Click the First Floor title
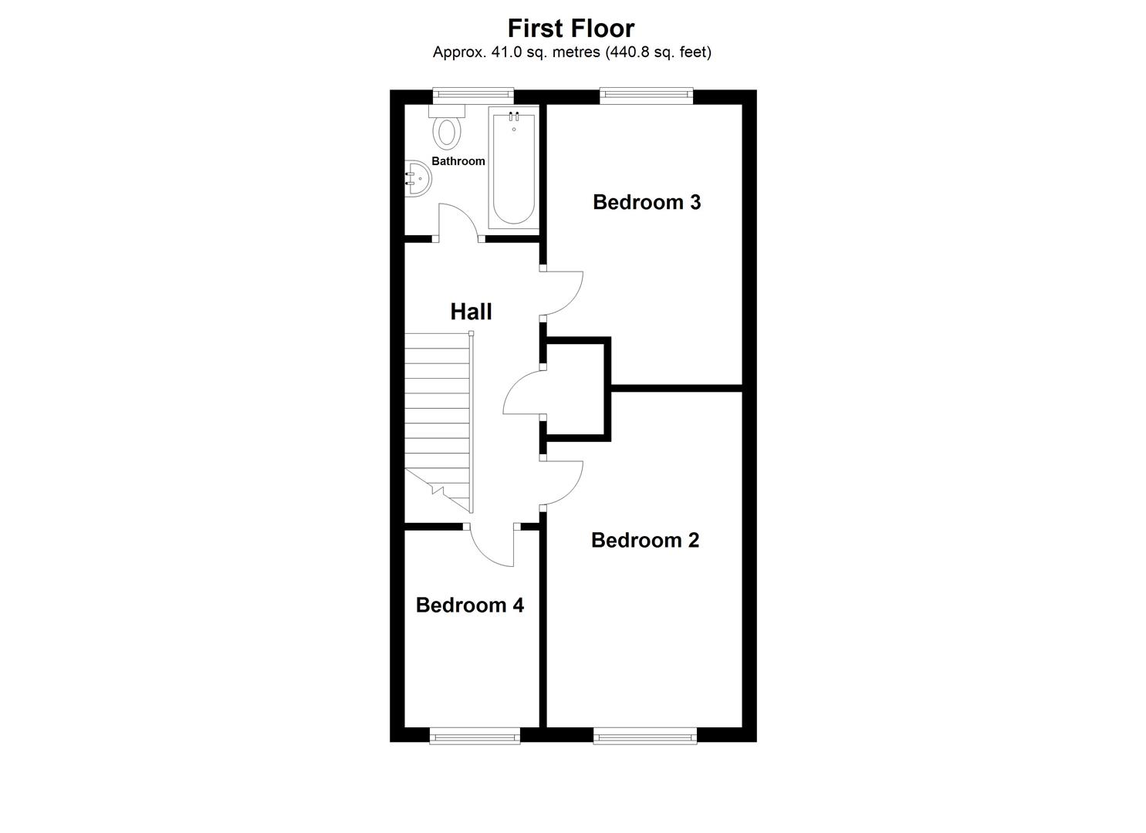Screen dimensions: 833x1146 (571, 28)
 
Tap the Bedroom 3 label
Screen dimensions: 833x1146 (647, 202)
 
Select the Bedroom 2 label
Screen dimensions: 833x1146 (645, 540)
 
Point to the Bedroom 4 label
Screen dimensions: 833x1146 (469, 605)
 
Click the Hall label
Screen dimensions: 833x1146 (471, 312)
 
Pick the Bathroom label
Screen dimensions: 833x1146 (458, 161)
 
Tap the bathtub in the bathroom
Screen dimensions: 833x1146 (512, 170)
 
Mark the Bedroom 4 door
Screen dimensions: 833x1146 (492, 549)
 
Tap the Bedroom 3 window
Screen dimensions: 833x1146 (647, 95)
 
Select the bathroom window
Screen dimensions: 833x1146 (472, 95)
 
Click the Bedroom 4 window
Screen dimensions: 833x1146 (475, 737)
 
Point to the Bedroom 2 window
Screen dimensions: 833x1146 (645, 737)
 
